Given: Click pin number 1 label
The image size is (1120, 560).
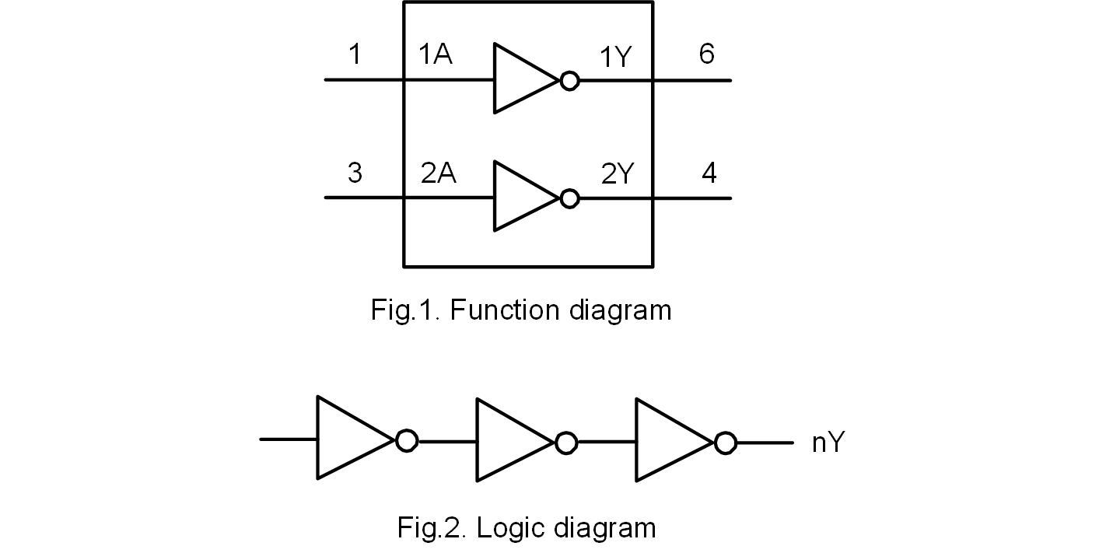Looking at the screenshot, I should click(355, 54).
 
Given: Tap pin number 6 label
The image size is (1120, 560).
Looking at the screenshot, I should click(706, 54).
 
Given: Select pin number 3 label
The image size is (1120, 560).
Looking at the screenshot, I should click(355, 173).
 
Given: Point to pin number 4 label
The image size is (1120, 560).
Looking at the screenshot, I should click(709, 173).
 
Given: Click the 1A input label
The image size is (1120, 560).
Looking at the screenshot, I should click(435, 54).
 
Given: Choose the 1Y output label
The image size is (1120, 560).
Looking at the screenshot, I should click(615, 58).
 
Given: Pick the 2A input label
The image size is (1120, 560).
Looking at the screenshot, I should click(438, 173).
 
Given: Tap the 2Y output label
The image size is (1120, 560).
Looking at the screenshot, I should click(618, 174).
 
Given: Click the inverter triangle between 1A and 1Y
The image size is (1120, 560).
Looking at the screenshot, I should click(521, 79).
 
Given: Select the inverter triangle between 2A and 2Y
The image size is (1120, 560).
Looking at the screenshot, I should click(521, 197).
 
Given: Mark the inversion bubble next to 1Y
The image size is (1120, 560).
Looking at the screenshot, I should click(570, 80).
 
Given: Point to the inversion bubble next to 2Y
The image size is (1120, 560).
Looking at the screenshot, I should click(570, 198).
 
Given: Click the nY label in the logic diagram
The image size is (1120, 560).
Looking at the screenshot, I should click(828, 443).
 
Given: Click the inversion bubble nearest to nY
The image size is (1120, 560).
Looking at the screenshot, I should click(726, 443).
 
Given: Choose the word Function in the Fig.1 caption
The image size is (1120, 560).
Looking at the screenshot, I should click(504, 310).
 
